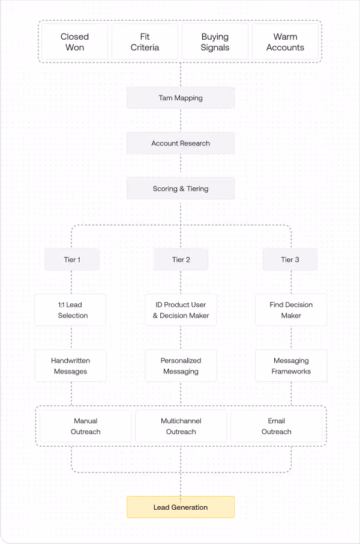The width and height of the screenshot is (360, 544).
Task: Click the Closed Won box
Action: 75,42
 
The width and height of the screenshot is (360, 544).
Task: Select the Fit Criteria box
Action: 145,42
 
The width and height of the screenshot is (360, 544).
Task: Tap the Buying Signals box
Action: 215,42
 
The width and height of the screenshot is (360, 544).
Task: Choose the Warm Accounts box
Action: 285,42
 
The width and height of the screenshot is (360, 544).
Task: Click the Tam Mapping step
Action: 181,98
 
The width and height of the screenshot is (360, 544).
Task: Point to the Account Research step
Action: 181,144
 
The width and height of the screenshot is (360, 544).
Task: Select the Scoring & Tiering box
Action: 181,189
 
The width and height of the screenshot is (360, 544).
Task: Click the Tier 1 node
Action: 72,259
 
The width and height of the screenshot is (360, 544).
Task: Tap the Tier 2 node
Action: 181,259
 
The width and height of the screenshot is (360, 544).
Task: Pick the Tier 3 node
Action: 290,259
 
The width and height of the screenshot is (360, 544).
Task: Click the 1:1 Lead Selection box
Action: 70,310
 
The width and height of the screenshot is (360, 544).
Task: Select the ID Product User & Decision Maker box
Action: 181,310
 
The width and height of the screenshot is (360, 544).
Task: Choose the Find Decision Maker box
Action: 291,310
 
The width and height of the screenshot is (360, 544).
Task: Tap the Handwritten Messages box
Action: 70,366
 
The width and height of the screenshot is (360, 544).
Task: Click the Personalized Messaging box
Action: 181,366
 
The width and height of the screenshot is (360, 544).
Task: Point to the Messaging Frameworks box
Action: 291,366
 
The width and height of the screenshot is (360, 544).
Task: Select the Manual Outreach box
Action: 86,426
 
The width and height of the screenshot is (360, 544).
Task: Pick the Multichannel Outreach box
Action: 181,426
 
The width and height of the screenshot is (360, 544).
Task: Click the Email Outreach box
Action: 277,426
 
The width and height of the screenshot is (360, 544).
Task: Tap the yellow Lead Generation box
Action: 181,507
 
